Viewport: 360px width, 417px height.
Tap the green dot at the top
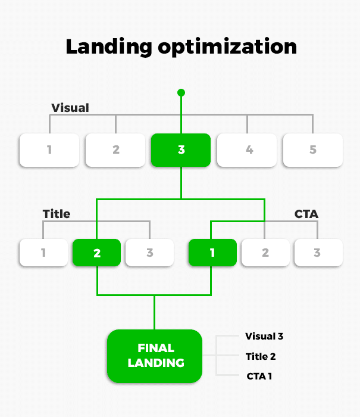click(x=181, y=92)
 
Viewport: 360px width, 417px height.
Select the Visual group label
click(x=70, y=108)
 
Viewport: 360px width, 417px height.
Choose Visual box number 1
click(x=49, y=150)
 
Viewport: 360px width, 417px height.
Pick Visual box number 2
click(x=115, y=150)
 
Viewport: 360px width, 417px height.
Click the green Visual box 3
click(x=181, y=150)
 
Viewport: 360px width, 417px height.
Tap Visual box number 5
click(x=312, y=150)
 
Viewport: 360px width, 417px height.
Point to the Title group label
click(x=57, y=213)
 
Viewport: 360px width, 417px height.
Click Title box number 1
click(x=43, y=253)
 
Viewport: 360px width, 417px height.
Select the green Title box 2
click(x=96, y=253)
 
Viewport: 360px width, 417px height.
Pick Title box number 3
click(x=149, y=253)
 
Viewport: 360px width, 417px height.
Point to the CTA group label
click(x=306, y=213)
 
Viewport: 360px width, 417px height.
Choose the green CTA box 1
click(x=212, y=253)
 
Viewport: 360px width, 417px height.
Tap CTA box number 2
click(x=265, y=253)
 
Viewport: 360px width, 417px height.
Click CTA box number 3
click(x=318, y=253)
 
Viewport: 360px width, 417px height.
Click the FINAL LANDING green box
click(x=155, y=356)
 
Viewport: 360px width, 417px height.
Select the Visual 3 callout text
click(x=264, y=337)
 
